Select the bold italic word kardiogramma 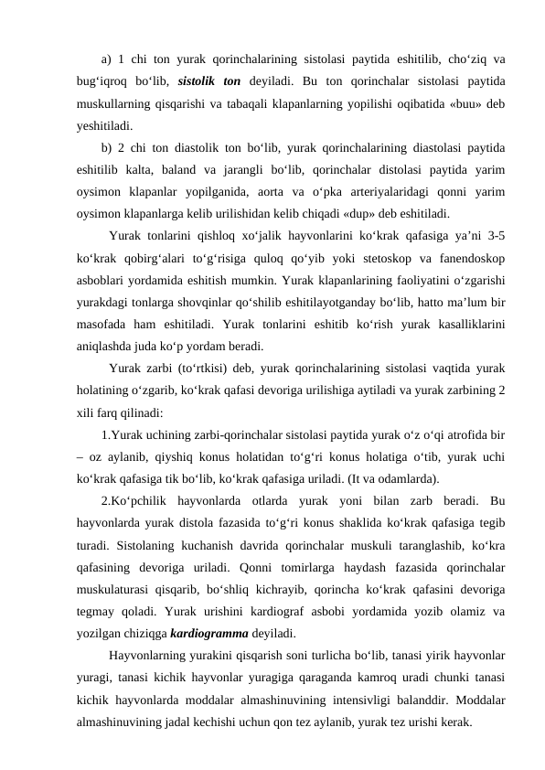[x=214, y=632]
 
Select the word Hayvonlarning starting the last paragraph [x=156, y=655]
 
